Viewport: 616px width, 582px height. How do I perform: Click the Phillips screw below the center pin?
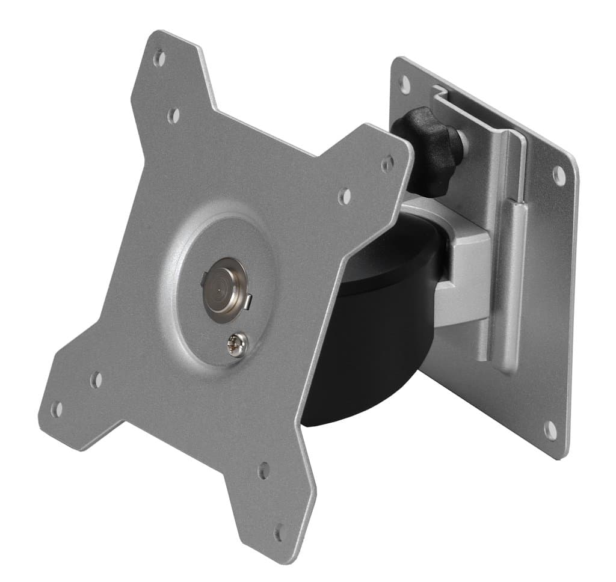[236, 346]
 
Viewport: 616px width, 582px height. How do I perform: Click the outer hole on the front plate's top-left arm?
[159, 59]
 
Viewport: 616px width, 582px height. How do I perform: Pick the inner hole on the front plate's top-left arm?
[173, 115]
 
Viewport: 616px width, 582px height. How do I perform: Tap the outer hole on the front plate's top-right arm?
[387, 164]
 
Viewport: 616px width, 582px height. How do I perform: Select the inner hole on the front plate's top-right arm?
[344, 195]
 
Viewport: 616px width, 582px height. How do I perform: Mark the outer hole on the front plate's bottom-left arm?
[57, 409]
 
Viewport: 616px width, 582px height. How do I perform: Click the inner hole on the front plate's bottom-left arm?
[96, 380]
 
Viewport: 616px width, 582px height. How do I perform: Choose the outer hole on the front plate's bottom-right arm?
[280, 533]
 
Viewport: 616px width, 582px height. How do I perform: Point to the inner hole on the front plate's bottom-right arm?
[263, 470]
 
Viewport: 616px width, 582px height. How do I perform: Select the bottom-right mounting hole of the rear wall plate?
[550, 429]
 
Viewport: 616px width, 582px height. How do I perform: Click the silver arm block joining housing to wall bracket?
[466, 277]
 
